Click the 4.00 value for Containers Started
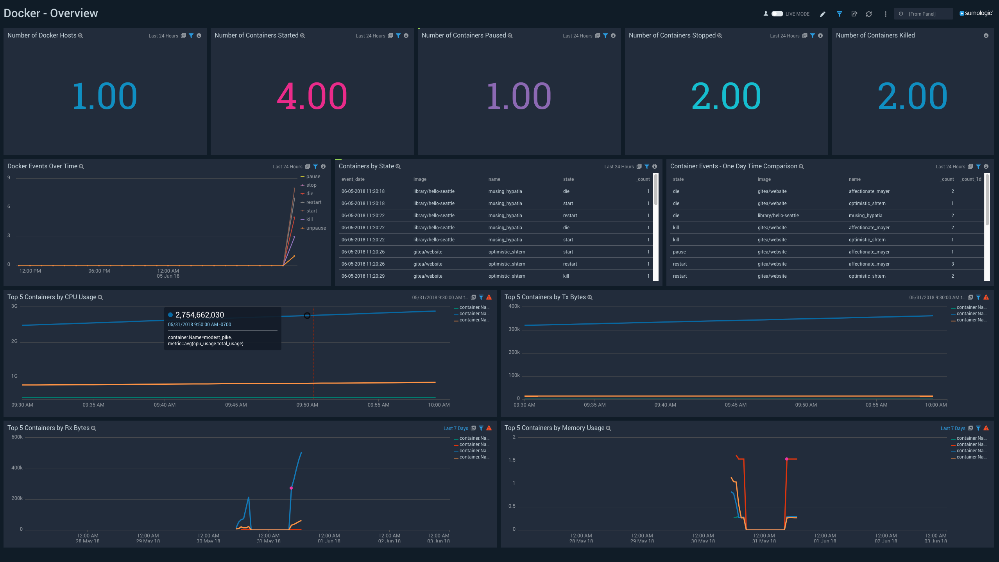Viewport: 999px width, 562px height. point(312,96)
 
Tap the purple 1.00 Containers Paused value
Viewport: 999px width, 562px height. point(519,96)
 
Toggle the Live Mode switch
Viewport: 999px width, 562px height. point(777,14)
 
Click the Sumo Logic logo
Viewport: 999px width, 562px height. point(976,13)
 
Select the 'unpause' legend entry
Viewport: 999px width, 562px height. point(316,228)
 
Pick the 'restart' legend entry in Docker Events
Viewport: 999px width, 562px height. point(313,202)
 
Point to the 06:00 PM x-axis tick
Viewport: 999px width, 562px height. point(99,271)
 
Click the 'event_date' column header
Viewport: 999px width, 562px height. point(353,179)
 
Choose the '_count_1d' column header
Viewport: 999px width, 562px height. point(970,179)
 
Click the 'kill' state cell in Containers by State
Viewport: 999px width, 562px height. point(566,276)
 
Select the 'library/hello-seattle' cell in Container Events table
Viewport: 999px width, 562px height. point(778,216)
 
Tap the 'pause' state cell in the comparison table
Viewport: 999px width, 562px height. point(679,252)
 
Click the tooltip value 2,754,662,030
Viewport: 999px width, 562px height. point(200,315)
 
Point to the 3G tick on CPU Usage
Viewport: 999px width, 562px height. point(14,306)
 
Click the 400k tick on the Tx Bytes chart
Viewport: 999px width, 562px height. point(514,306)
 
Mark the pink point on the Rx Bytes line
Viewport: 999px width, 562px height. point(291,488)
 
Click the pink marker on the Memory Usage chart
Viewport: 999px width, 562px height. point(787,459)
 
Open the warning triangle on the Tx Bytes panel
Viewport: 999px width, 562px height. point(986,297)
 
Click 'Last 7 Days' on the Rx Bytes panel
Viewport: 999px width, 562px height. point(456,428)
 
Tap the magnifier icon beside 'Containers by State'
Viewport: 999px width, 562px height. point(398,167)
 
